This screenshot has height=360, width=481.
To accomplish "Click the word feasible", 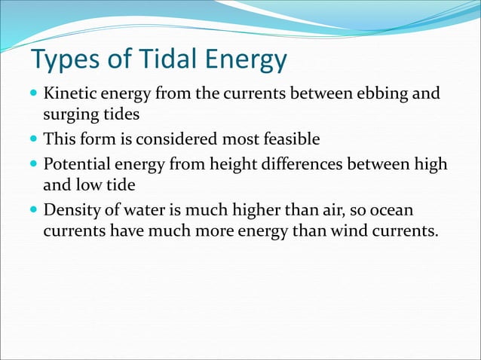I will pyautogui.click(x=286, y=139).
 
